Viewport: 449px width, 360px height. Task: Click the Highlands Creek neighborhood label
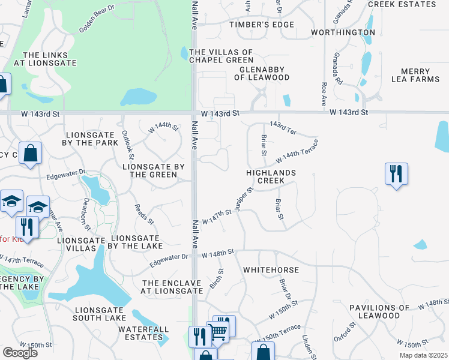tap(271, 176)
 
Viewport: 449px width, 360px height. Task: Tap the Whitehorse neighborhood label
tap(271, 270)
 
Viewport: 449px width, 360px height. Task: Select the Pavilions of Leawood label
tap(383, 311)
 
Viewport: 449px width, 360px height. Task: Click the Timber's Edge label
tap(262, 25)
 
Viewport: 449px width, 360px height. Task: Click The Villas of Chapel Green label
tap(221, 56)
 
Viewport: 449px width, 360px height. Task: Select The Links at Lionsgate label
tap(50, 58)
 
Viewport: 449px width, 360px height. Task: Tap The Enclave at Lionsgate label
tap(172, 287)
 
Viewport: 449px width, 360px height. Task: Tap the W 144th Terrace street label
tap(297, 151)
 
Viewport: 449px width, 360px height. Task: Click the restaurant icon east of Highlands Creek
tap(396, 174)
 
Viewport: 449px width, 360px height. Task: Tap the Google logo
tap(20, 352)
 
